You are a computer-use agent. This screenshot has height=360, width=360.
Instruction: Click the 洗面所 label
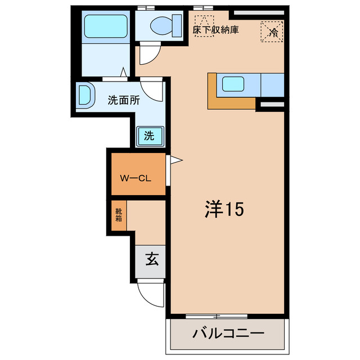(124, 101)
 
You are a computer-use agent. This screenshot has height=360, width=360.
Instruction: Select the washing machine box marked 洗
(149, 136)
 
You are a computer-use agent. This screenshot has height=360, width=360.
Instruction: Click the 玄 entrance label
(151, 259)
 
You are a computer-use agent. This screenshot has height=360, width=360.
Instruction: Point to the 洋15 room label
(223, 210)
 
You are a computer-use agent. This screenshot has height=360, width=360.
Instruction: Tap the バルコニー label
(228, 332)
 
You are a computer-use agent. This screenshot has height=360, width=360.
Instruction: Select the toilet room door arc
(149, 55)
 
